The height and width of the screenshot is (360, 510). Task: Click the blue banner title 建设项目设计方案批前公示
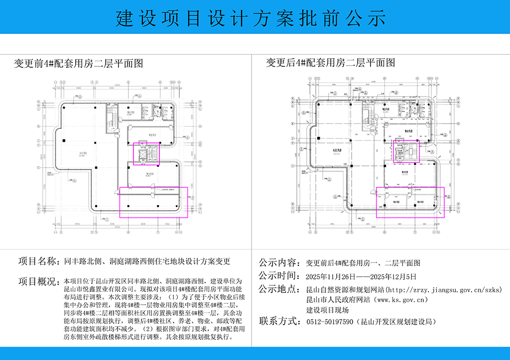click(251, 18)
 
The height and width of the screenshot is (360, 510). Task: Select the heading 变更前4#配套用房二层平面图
click(78, 63)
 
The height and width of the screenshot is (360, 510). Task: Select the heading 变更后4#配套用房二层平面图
click(330, 63)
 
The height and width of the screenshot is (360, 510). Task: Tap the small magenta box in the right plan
click(406, 151)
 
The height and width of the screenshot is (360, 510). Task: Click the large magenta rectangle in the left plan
click(153, 203)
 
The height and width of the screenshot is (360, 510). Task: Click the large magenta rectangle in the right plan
click(410, 202)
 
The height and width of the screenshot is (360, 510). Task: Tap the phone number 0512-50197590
click(329, 322)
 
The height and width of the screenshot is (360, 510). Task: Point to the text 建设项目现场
click(327, 310)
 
